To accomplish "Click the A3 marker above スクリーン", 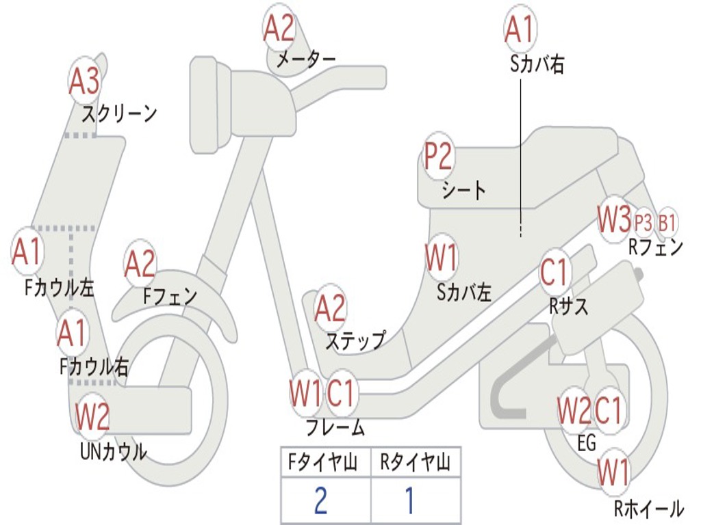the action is tap(85, 81).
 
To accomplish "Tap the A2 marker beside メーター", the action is tap(279, 27).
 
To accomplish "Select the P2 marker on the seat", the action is tap(439, 156).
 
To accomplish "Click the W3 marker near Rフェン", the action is tap(615, 219).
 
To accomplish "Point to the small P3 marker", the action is tap(643, 222).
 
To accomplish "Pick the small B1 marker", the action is tap(667, 222).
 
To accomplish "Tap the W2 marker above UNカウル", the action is tap(92, 416).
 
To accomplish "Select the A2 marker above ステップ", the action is tap(331, 308).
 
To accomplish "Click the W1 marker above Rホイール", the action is tap(614, 472).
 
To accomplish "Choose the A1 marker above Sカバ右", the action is tap(520, 29).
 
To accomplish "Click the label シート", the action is tap(463, 191).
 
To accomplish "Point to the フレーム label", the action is tap(335, 427).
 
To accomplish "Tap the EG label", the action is tap(587, 443).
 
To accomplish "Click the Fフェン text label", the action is tap(170, 295).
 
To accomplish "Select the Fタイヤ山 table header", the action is tap(323, 462).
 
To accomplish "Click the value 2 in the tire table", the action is tap(321, 500).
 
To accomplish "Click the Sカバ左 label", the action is tap(464, 293).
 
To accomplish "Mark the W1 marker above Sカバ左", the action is tap(442, 258).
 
